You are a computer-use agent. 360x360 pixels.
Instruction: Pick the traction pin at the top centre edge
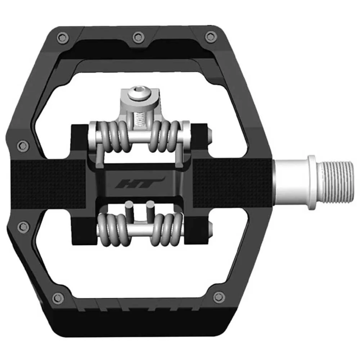[138, 36]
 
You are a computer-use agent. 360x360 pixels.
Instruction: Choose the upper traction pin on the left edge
[24, 145]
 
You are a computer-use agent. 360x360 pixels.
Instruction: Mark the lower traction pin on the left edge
[23, 226]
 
